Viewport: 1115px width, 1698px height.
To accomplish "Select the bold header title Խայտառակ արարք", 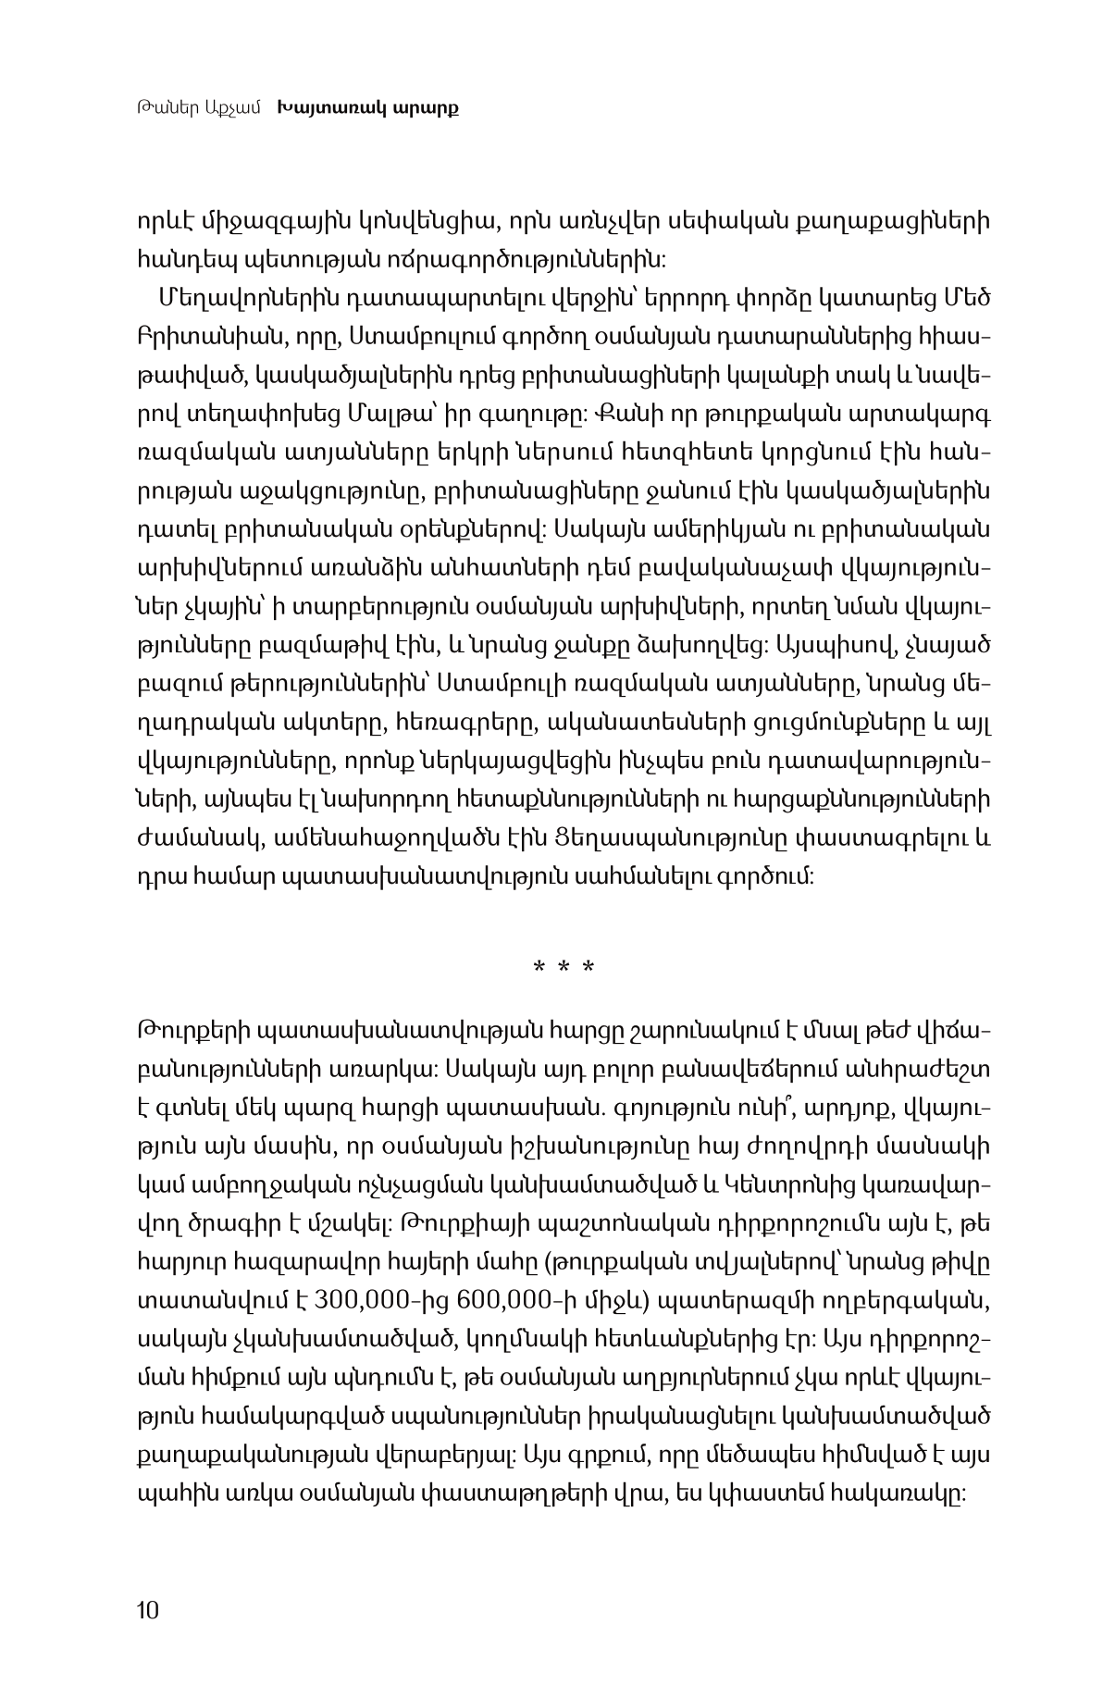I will tap(368, 108).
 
